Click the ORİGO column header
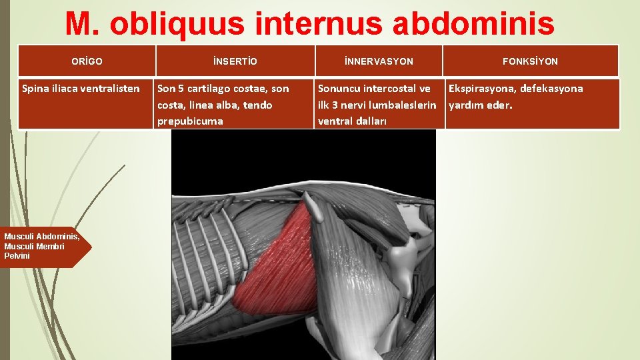click(x=87, y=61)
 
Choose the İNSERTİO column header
click(x=235, y=61)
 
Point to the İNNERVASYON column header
click(x=379, y=61)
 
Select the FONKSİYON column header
click(x=531, y=61)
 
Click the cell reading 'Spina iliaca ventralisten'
click(x=81, y=89)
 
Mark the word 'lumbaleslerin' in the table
click(x=405, y=105)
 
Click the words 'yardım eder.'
click(x=480, y=105)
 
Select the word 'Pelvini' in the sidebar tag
click(x=17, y=256)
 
